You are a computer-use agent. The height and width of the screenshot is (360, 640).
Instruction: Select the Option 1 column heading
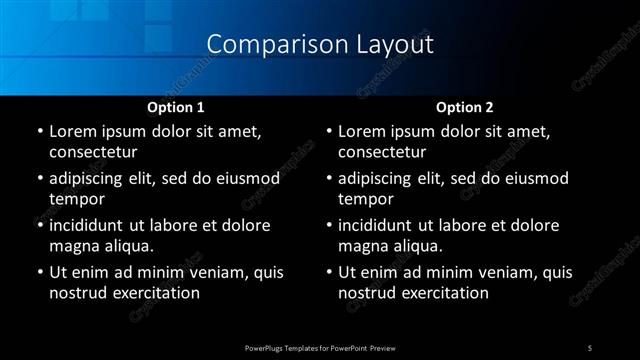(175, 106)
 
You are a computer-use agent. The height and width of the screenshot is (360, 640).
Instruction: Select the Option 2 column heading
(465, 106)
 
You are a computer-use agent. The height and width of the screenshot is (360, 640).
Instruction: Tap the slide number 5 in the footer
(590, 347)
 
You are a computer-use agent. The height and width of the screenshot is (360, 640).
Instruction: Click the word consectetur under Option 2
(383, 152)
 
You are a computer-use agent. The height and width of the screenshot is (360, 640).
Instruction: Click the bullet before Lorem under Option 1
(39, 132)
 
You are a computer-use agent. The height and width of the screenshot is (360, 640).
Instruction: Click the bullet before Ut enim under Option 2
(329, 272)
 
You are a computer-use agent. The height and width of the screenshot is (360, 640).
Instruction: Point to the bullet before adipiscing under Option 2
(329, 178)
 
